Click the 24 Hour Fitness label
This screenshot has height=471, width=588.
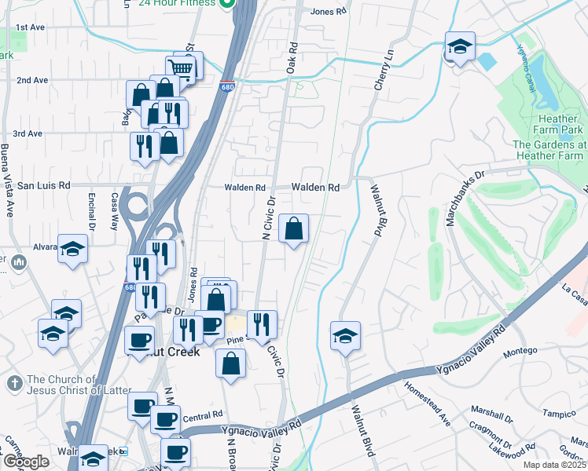coord(176,3)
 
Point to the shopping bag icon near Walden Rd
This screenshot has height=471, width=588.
coord(293,229)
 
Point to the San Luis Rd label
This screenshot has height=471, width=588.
coord(44,186)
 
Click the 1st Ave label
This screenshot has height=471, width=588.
coord(31,27)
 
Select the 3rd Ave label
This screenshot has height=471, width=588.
coord(28,133)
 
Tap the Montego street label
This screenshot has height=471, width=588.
coord(520,350)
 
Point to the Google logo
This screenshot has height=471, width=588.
coord(27,462)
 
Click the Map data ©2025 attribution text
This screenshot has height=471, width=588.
coord(556,465)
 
